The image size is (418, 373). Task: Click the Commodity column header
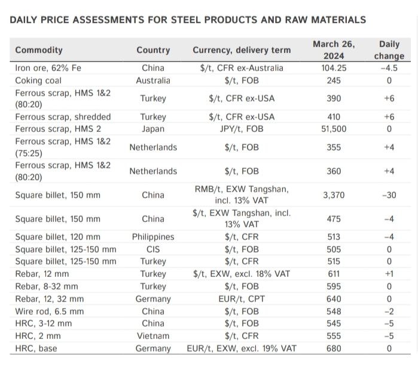pyautogui.click(x=39, y=50)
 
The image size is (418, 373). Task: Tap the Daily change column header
pyautogui.click(x=389, y=50)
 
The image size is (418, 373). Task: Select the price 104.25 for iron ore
pyautogui.click(x=333, y=68)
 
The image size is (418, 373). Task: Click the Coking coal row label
pyautogui.click(x=35, y=80)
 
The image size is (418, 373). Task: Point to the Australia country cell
pyautogui.click(x=153, y=80)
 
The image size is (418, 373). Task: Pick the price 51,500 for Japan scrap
pyautogui.click(x=333, y=128)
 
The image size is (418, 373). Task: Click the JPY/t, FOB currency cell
pyautogui.click(x=242, y=128)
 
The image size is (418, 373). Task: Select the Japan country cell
pyautogui.click(x=153, y=128)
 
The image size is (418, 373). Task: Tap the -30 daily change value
pyautogui.click(x=389, y=195)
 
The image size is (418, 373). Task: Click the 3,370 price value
pyautogui.click(x=333, y=195)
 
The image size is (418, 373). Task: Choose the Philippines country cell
pyautogui.click(x=153, y=237)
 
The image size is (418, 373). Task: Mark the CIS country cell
pyautogui.click(x=153, y=249)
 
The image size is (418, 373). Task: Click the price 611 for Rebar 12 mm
pyautogui.click(x=333, y=274)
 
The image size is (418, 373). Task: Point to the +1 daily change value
pyautogui.click(x=389, y=274)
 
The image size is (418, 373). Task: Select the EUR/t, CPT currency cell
pyautogui.click(x=242, y=299)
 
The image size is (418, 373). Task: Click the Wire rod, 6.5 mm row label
pyautogui.click(x=49, y=311)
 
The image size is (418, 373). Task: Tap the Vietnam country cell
pyautogui.click(x=153, y=336)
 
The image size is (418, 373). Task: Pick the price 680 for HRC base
pyautogui.click(x=333, y=349)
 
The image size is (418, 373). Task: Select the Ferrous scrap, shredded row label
pyautogui.click(x=63, y=116)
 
